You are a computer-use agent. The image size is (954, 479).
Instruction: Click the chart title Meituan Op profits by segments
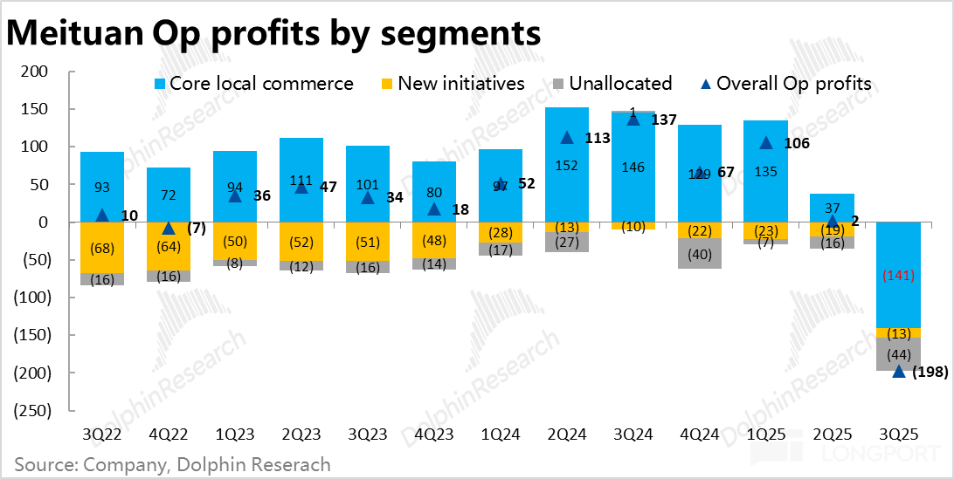click(x=273, y=32)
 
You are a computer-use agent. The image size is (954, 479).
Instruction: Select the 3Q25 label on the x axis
click(x=899, y=434)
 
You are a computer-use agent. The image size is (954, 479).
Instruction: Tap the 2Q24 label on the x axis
click(x=566, y=434)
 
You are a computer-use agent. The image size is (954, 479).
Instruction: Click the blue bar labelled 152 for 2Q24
click(x=566, y=166)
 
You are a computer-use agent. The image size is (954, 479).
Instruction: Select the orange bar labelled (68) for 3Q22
click(x=102, y=248)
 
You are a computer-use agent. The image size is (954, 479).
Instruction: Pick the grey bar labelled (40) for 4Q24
click(x=699, y=253)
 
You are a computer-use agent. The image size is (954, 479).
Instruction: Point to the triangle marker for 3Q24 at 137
click(x=633, y=120)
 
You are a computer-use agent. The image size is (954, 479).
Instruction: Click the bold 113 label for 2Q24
click(x=598, y=138)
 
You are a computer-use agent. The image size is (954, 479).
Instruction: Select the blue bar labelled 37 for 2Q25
click(x=833, y=208)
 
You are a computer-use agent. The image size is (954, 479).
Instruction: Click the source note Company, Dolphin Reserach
click(x=172, y=464)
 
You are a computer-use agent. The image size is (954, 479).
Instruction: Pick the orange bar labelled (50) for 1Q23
click(x=235, y=241)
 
